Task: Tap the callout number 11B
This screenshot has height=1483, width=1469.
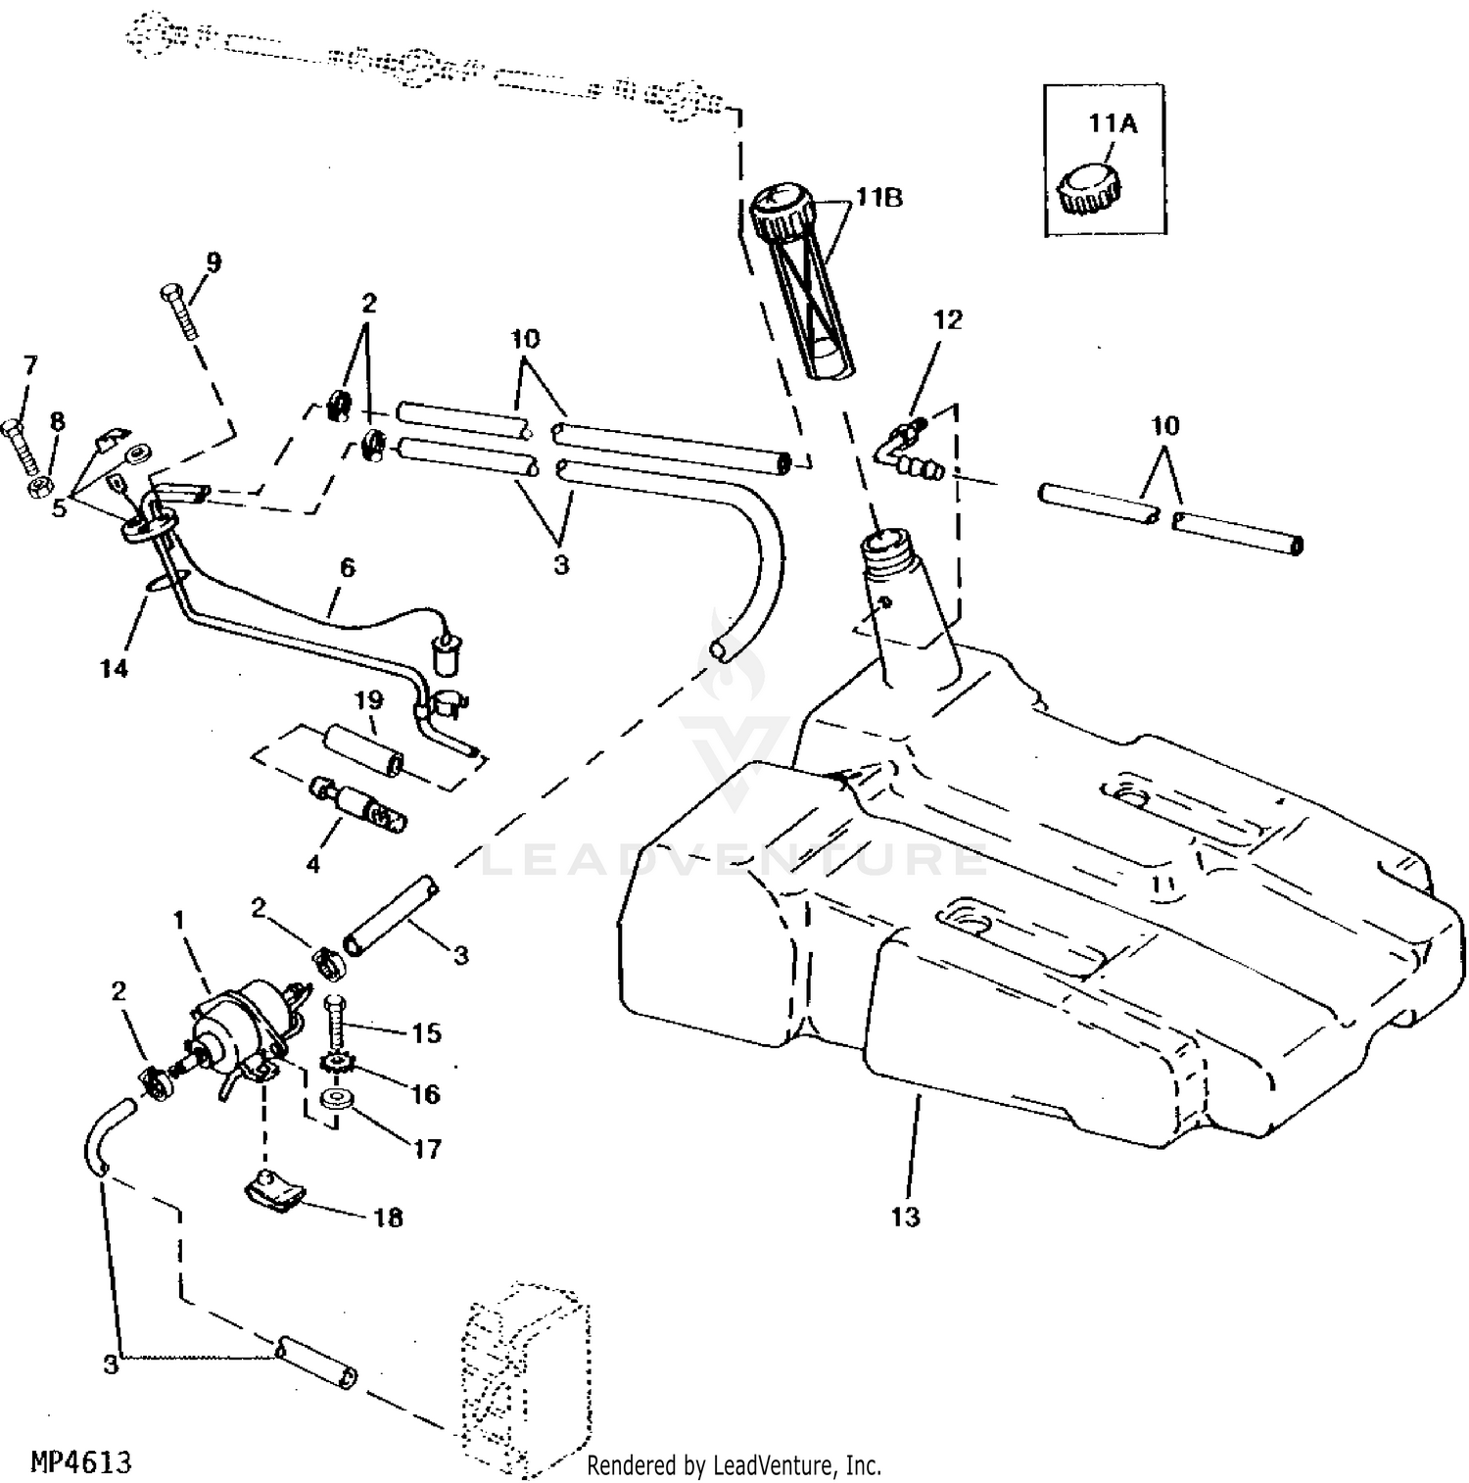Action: (878, 198)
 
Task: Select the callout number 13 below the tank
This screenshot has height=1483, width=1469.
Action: (906, 1217)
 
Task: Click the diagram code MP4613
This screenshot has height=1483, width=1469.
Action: (81, 1462)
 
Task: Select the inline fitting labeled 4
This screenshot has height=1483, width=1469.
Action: (358, 803)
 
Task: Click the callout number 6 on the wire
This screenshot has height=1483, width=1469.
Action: (347, 568)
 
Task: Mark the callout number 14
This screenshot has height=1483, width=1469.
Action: (114, 669)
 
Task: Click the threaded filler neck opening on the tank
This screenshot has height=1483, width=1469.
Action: (888, 544)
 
